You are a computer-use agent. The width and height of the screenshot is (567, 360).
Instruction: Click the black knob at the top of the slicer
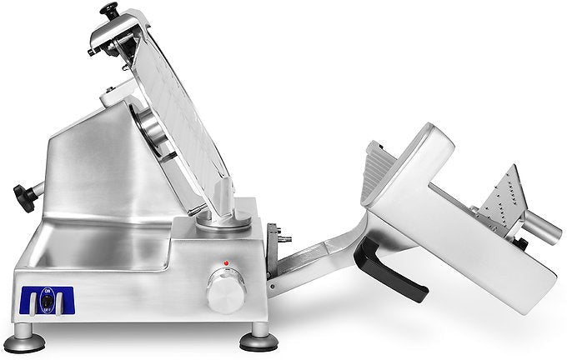pos(108,9)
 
